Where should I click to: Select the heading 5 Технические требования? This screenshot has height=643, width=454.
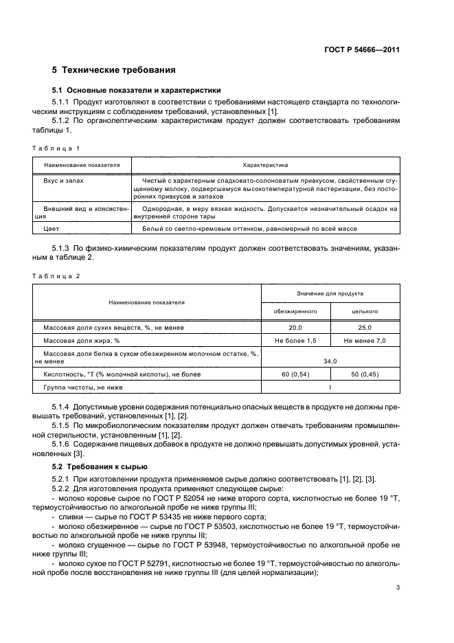114,70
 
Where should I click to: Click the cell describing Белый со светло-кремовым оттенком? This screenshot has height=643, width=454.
249,229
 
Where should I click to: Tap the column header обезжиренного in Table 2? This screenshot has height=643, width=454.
296,311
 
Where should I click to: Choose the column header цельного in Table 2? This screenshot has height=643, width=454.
365,311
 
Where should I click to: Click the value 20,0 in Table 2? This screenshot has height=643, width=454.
296,328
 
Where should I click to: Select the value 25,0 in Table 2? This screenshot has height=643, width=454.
365,328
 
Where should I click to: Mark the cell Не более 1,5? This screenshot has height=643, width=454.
296,341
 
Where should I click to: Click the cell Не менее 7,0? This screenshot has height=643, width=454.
365,341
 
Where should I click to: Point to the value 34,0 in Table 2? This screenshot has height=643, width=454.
330,361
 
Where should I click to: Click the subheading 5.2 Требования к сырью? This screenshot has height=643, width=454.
100,466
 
